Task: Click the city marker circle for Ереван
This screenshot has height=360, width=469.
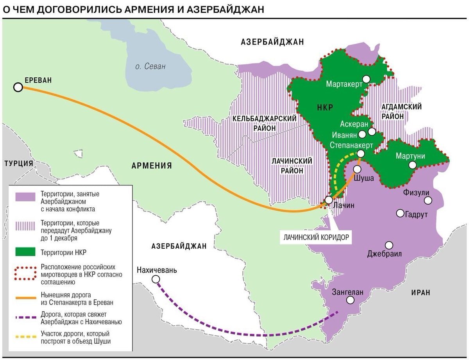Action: tap(18, 87)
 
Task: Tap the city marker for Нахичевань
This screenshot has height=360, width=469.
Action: tap(156, 279)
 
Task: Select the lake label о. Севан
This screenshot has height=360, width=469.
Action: tap(150, 66)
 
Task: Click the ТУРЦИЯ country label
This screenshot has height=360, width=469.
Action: tap(19, 163)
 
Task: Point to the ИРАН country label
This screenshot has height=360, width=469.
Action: tap(421, 292)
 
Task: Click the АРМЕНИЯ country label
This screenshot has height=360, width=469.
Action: tap(152, 166)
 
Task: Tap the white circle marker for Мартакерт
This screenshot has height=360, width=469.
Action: tap(366, 79)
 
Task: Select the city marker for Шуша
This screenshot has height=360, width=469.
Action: tap(357, 169)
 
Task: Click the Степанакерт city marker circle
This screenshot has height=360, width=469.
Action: tap(361, 154)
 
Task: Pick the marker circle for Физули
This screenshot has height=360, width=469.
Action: tap(428, 200)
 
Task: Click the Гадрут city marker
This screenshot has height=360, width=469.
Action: tap(400, 213)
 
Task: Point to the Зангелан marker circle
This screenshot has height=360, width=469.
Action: tap(350, 300)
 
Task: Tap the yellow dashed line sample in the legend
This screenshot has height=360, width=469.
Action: tap(25, 337)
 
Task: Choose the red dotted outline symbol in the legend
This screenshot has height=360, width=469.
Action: tap(25, 274)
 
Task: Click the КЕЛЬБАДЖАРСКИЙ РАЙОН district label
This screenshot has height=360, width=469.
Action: tap(265, 123)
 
